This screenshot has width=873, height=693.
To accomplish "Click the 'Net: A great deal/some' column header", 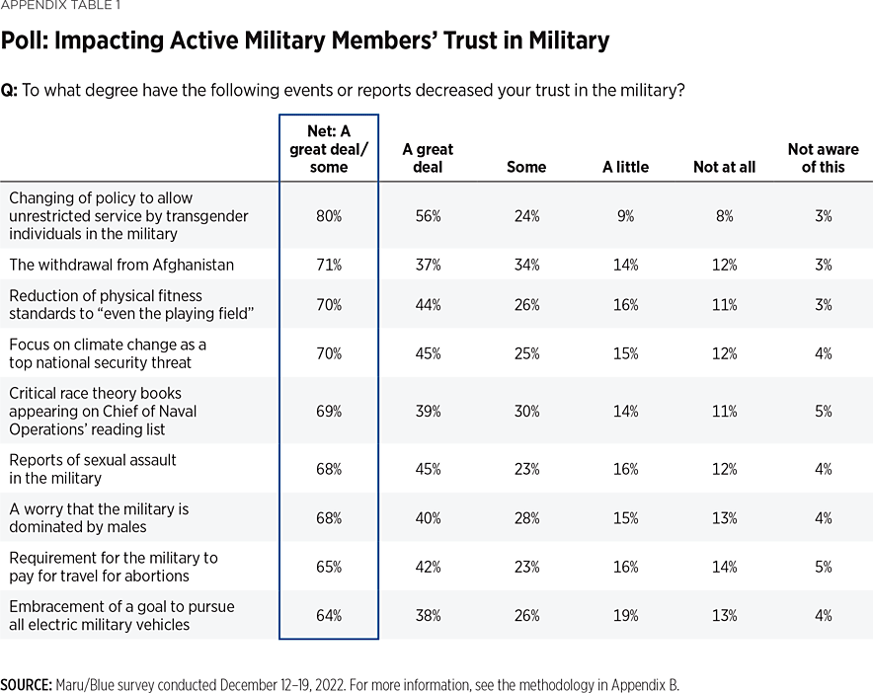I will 329,149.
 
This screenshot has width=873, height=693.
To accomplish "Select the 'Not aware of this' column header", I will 823,158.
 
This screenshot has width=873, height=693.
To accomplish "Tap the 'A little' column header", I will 625,167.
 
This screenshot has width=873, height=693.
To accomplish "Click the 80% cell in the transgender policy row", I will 329,215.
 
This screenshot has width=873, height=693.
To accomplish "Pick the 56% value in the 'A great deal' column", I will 428,215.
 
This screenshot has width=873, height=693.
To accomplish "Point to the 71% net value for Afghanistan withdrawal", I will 329,265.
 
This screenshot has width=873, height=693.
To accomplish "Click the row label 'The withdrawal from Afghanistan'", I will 121,265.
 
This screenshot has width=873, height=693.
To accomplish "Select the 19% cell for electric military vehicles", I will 625,615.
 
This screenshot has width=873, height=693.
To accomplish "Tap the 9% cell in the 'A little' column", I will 625,215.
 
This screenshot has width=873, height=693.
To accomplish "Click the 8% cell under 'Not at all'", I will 724,215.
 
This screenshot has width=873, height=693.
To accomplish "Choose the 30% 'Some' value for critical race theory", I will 526,411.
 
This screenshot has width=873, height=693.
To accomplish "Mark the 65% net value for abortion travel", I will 329,567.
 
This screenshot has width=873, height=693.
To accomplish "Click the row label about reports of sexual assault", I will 93,469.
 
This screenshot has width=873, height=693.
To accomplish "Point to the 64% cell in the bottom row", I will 329,615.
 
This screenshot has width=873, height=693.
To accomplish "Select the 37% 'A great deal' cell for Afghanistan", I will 428,265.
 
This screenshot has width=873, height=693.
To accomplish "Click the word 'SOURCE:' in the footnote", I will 26,684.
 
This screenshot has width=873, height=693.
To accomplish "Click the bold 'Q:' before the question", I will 9,90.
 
